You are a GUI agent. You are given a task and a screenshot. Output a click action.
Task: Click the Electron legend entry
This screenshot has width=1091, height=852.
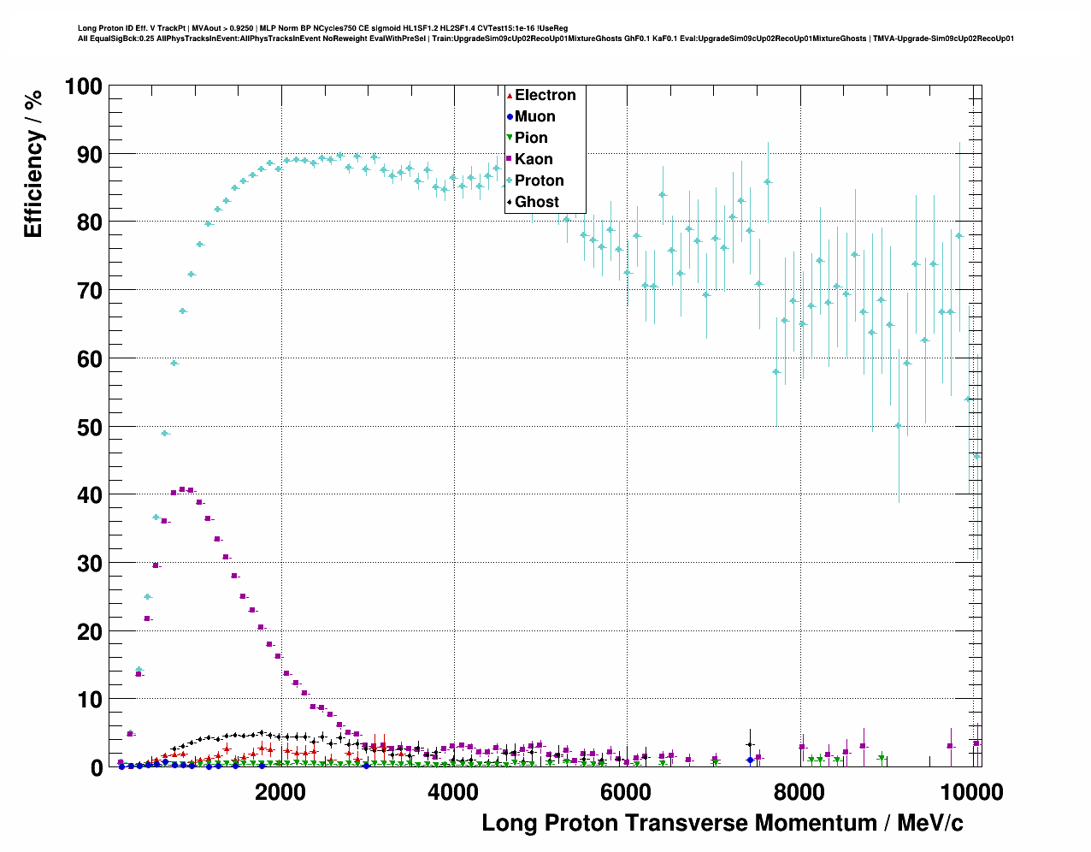[545, 95]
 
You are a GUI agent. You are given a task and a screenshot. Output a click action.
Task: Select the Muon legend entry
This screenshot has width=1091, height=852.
[534, 116]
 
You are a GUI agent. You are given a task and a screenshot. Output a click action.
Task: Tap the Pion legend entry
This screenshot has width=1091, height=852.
[531, 138]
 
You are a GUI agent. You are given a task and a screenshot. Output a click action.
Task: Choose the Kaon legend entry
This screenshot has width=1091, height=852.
[534, 159]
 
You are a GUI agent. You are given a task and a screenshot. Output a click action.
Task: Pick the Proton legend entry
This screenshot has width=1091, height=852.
[539, 180]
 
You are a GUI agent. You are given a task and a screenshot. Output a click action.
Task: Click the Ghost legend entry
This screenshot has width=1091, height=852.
[536, 202]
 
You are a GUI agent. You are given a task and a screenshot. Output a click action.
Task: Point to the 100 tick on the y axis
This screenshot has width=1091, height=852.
[83, 86]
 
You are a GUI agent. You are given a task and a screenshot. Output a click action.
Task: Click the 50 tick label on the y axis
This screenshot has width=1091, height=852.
[83, 427]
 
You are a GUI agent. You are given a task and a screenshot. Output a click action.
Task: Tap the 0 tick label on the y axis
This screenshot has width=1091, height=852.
[95, 768]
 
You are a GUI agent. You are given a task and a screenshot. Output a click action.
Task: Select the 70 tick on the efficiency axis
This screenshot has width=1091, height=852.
[83, 291]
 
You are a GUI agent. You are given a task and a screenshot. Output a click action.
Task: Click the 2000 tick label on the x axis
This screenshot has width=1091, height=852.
[280, 792]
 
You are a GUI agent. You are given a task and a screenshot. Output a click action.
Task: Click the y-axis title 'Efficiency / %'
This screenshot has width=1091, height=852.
[32, 163]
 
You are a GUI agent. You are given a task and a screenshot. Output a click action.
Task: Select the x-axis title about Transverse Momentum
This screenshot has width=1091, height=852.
[722, 823]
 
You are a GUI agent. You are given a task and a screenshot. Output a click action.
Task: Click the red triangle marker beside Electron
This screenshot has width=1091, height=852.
[510, 95]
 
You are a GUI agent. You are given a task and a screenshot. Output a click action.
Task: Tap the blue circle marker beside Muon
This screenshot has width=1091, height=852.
[510, 116]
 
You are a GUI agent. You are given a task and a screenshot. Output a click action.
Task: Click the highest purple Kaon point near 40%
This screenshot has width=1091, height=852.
[181, 489]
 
